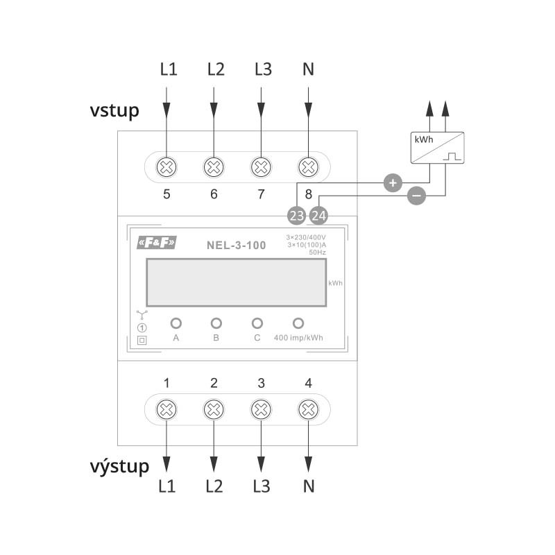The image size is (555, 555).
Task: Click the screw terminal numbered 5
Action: (166, 166)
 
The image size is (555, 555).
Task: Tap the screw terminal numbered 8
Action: (308, 166)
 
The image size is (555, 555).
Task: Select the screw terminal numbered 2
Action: (214, 410)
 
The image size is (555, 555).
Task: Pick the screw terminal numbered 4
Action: (308, 410)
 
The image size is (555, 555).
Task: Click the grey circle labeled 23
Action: (296, 216)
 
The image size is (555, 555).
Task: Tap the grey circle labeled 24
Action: (318, 216)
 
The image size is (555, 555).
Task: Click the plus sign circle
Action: (393, 183)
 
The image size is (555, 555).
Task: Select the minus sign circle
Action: (416, 196)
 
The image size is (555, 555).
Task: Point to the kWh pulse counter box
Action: (437, 147)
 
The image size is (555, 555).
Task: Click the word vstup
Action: (114, 110)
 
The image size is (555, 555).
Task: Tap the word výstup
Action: (119, 466)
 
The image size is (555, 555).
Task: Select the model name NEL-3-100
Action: (236, 244)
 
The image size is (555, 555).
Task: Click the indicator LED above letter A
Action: (176, 323)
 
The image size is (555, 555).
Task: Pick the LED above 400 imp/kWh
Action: (298, 323)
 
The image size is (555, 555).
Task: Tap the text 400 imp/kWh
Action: (298, 338)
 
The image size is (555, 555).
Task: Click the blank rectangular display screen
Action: (236, 282)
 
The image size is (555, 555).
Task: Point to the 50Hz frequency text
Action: (317, 253)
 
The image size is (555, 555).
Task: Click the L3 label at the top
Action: (261, 69)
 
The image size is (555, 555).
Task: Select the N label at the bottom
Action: (309, 486)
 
